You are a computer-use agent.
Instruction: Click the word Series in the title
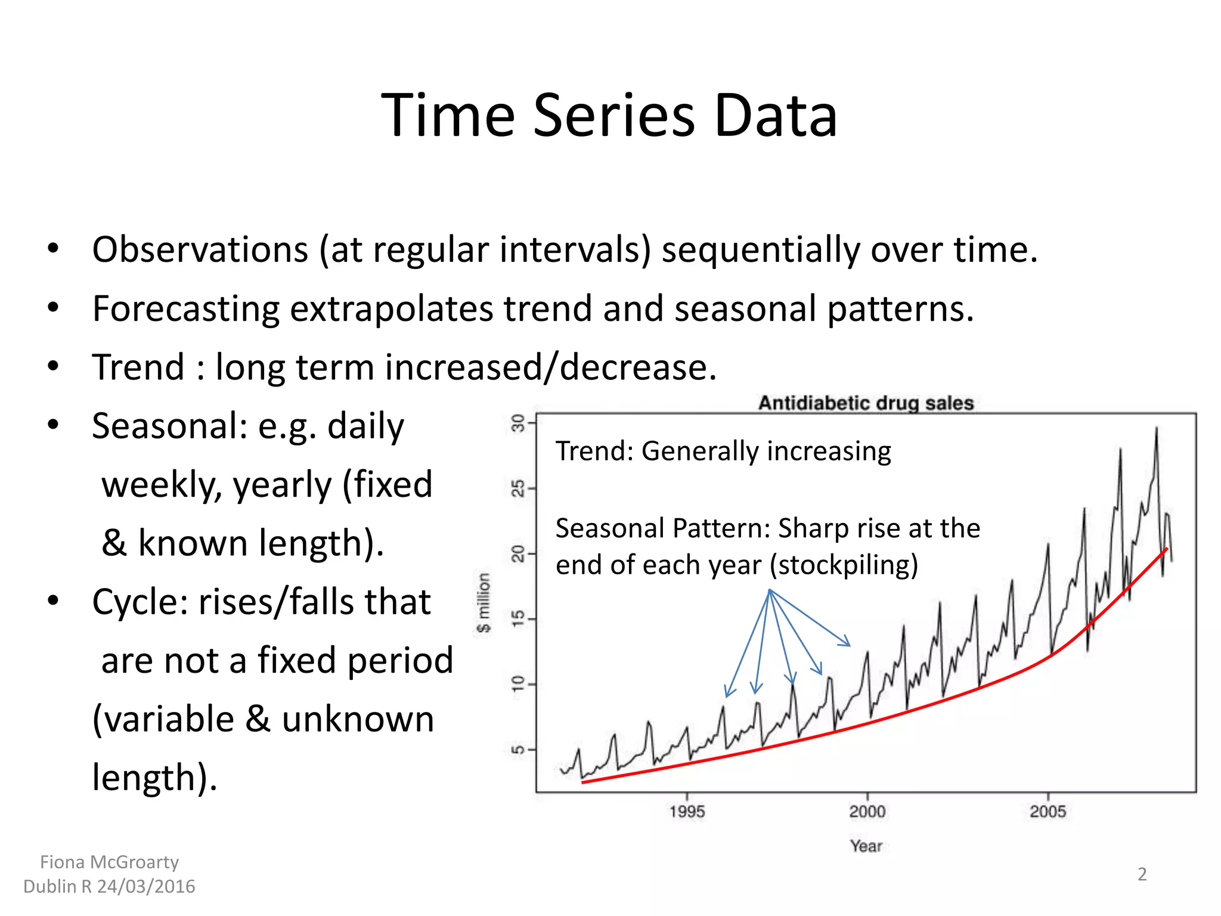tap(613, 116)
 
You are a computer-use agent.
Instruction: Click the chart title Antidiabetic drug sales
tap(866, 403)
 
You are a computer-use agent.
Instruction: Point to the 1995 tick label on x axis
tap(687, 812)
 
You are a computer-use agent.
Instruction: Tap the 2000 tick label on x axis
tap(867, 812)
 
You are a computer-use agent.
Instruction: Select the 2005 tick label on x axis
tap(1048, 812)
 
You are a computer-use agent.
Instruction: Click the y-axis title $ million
tap(484, 602)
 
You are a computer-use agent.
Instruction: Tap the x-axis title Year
tap(866, 846)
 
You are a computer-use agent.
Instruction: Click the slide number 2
tap(1142, 874)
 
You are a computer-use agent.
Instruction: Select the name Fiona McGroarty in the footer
tap(109, 862)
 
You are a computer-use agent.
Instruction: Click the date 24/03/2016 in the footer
tap(146, 887)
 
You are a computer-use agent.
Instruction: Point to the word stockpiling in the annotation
tap(844, 565)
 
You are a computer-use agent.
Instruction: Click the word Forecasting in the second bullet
tap(185, 309)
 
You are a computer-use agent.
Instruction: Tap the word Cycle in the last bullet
tap(140, 602)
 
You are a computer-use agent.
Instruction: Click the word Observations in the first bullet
tap(200, 250)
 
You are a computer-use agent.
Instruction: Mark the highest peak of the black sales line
tap(1157, 428)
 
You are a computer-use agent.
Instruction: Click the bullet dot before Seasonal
tap(54, 425)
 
